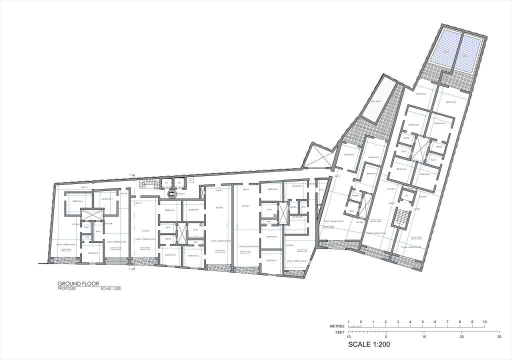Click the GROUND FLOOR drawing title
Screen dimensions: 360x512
pyautogui.click(x=78, y=283)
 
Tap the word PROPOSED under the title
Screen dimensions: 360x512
pyautogui.click(x=66, y=289)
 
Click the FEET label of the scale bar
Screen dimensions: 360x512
pyautogui.click(x=339, y=332)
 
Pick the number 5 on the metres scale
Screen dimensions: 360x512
pyautogui.click(x=423, y=321)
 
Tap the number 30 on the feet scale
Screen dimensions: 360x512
pyautogui.click(x=499, y=337)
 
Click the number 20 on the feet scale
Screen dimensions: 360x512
pyautogui.click(x=461, y=337)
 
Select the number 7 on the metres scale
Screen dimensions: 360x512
pyautogui.click(x=447, y=321)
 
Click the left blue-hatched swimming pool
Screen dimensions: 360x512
pyautogui.click(x=447, y=51)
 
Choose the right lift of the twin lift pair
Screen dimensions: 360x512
pyautogui.click(x=178, y=183)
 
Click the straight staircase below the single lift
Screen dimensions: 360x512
pyautogui.click(x=401, y=217)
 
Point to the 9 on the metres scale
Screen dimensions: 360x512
pyautogui.click(x=472, y=321)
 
